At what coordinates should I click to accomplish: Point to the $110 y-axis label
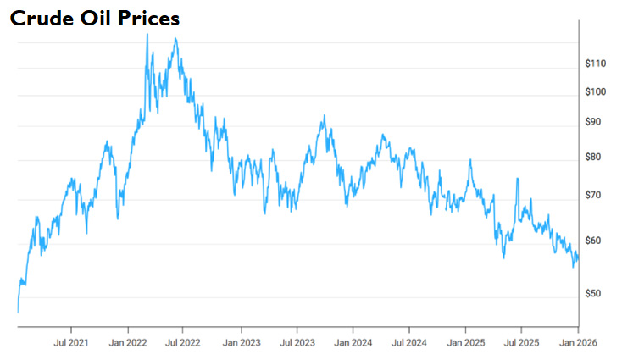(597, 64)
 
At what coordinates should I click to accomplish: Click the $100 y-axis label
(597, 92)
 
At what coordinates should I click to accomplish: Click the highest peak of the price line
(147, 35)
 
